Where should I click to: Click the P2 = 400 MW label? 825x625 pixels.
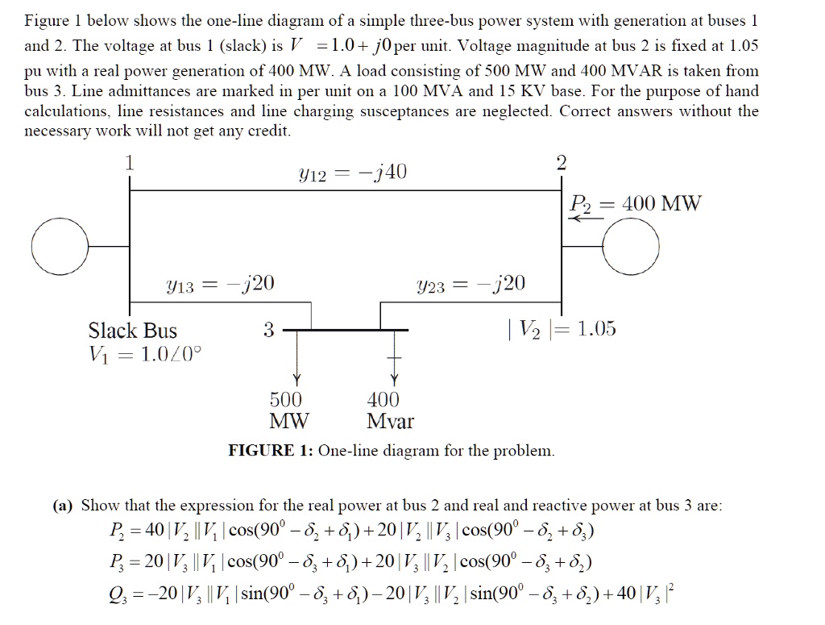pos(636,203)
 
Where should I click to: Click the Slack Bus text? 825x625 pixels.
pos(132,330)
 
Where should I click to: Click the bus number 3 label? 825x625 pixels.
pos(269,329)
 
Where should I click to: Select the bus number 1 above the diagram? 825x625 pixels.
pos(129,162)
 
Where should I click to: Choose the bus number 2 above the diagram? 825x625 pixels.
pos(562,162)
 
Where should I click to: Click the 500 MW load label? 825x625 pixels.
pos(286,410)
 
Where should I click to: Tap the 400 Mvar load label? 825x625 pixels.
pos(390,410)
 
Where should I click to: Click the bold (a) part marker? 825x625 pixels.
pos(63,506)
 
